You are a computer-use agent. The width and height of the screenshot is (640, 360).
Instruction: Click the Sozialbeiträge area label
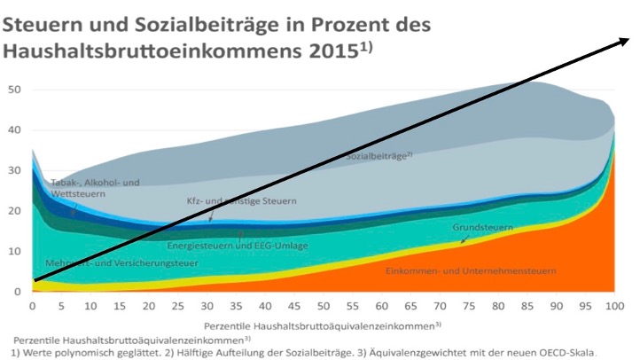tap(379, 156)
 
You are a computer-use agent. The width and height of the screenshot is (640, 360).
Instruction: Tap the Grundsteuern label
tap(483, 228)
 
